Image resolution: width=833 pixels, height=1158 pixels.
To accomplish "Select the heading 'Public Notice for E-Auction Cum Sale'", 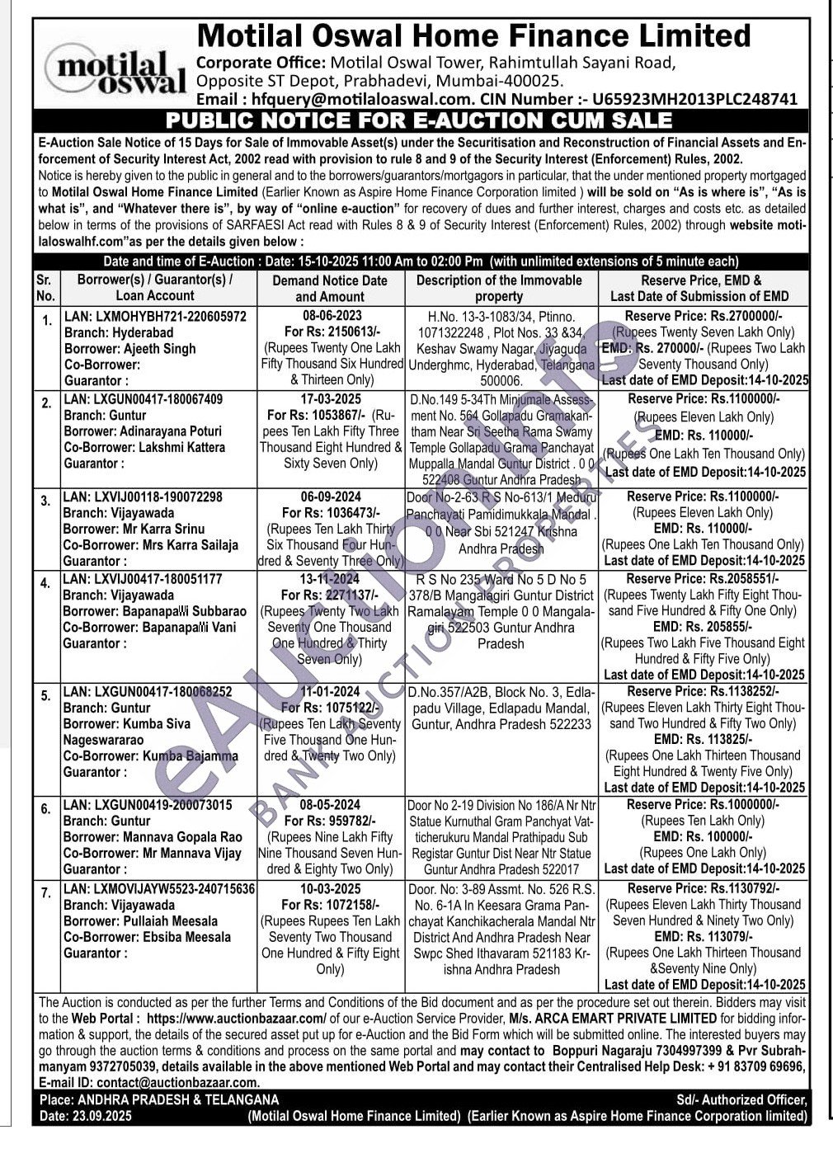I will point(419,120).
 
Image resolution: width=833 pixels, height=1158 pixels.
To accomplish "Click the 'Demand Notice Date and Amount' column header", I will point(330,288).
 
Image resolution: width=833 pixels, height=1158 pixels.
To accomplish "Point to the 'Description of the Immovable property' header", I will point(499,288).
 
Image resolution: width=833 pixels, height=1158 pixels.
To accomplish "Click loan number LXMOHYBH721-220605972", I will point(155,317).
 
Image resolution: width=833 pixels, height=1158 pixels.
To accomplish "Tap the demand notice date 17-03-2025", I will point(330,399).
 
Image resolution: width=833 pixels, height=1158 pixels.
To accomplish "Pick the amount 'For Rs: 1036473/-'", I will point(330,513).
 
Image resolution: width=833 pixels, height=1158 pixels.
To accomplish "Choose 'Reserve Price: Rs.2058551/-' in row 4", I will point(703,579).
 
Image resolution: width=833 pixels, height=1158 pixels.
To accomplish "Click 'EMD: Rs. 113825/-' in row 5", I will point(703,739).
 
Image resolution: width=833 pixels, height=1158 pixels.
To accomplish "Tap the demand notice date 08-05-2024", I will point(330,805).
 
